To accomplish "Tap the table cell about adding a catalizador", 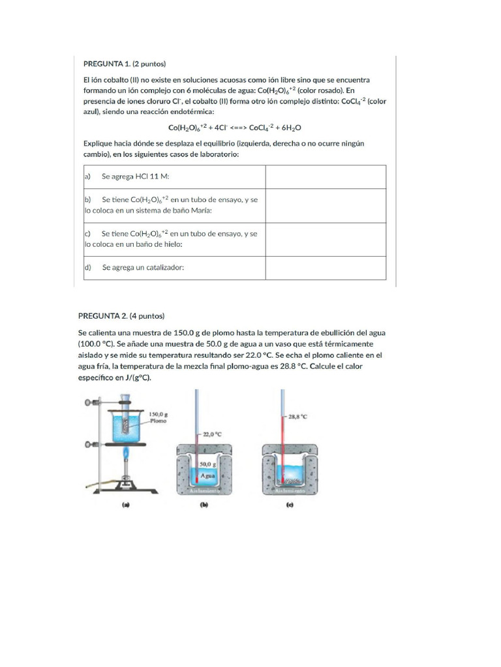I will [143, 268].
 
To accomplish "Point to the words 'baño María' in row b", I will [189, 210].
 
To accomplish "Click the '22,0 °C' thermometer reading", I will [213, 433].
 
